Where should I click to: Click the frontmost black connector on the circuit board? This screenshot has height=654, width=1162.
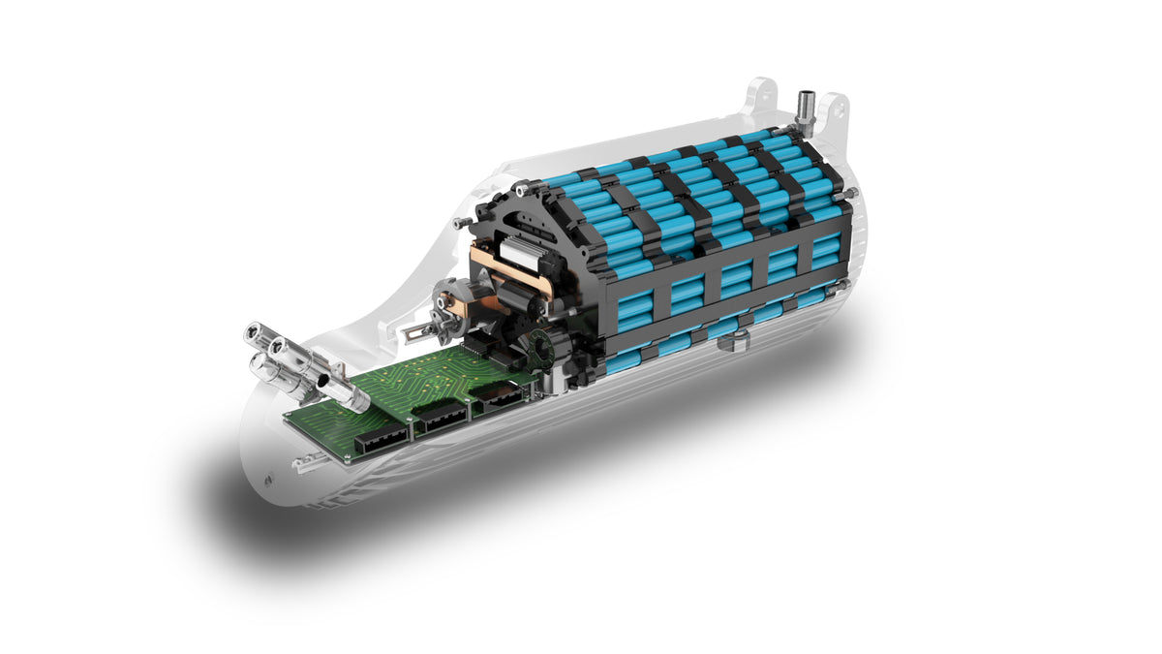tap(376, 441)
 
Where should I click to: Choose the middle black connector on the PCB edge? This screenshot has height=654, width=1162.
tap(443, 418)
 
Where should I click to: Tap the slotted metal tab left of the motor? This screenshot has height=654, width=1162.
tap(415, 332)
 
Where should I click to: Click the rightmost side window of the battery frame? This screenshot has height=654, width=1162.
tap(825, 250)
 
